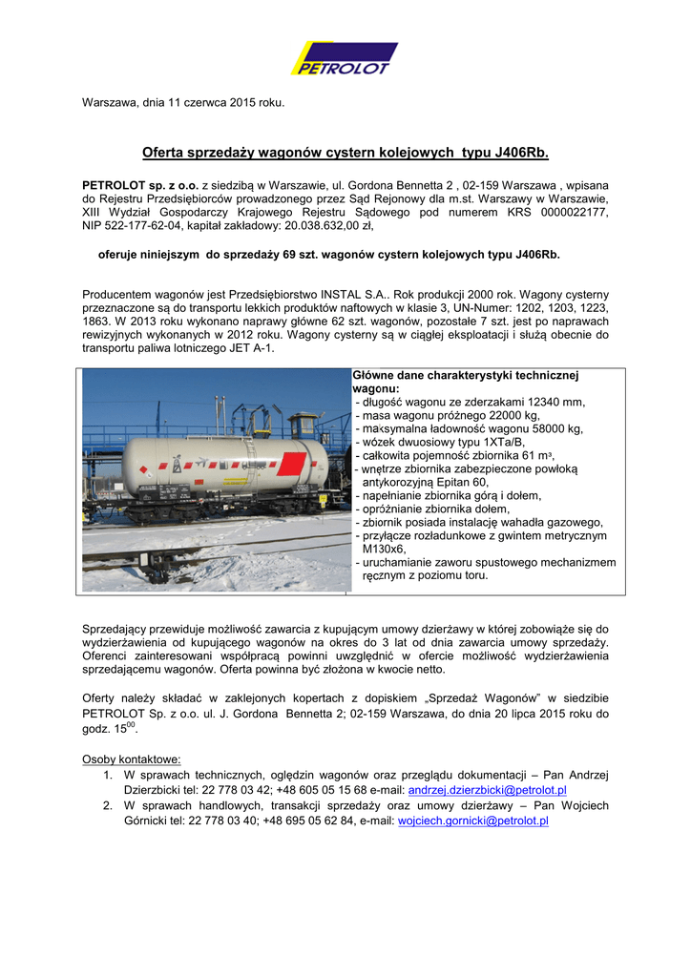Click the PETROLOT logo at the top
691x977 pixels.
345,59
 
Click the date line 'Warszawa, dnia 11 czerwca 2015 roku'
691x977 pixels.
183,102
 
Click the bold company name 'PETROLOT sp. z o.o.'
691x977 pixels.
140,184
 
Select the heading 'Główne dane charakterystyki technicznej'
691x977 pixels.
466,376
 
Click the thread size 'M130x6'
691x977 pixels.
384,549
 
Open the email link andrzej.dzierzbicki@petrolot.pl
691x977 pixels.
487,791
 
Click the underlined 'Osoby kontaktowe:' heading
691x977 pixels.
132,759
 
